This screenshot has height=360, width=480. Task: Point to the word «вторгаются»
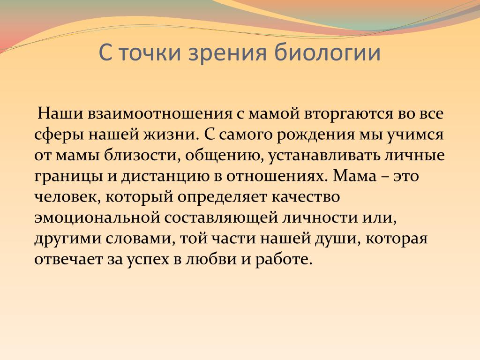348,114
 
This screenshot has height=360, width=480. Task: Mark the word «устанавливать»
324,155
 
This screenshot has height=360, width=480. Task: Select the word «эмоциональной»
97,217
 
